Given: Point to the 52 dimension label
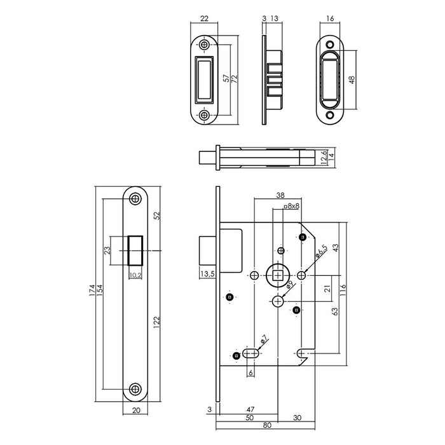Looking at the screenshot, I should (156, 216).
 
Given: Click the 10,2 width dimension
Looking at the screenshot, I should (135, 275).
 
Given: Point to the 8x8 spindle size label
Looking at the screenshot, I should (291, 207).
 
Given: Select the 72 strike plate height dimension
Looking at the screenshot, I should (234, 78).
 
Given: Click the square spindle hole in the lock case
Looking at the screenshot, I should (278, 275).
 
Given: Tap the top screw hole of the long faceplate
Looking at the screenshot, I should (134, 198).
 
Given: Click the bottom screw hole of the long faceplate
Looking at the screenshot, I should (134, 388).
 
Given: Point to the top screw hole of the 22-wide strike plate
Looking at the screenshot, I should (204, 46).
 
